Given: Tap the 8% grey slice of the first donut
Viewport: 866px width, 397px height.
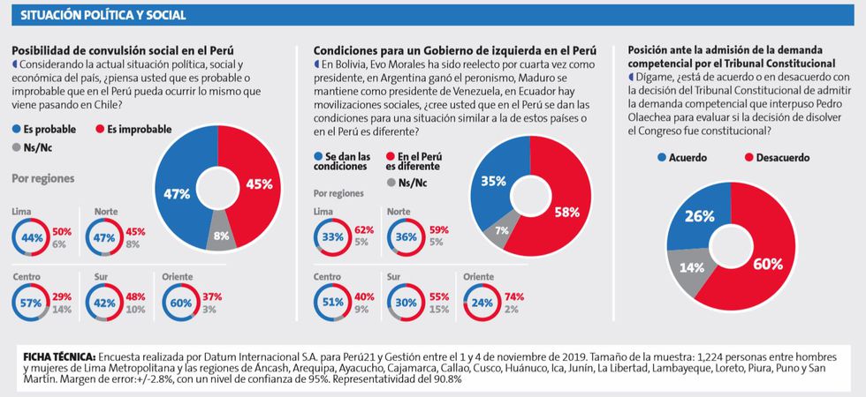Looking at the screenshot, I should click(x=219, y=236).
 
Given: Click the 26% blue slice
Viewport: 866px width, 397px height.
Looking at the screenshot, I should click(x=698, y=217).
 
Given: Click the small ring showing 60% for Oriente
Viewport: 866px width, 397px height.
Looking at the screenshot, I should click(x=179, y=303).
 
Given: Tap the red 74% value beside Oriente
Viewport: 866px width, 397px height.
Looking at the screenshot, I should click(x=513, y=296).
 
